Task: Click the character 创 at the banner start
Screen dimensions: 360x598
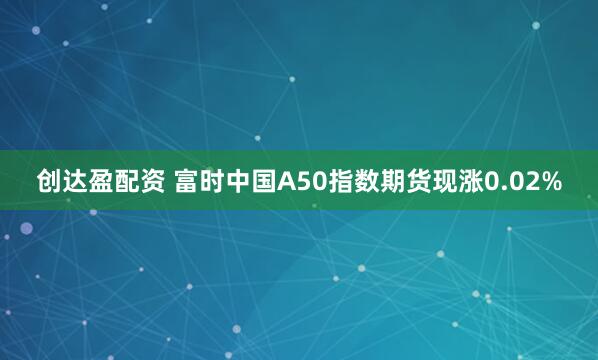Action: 49,182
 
